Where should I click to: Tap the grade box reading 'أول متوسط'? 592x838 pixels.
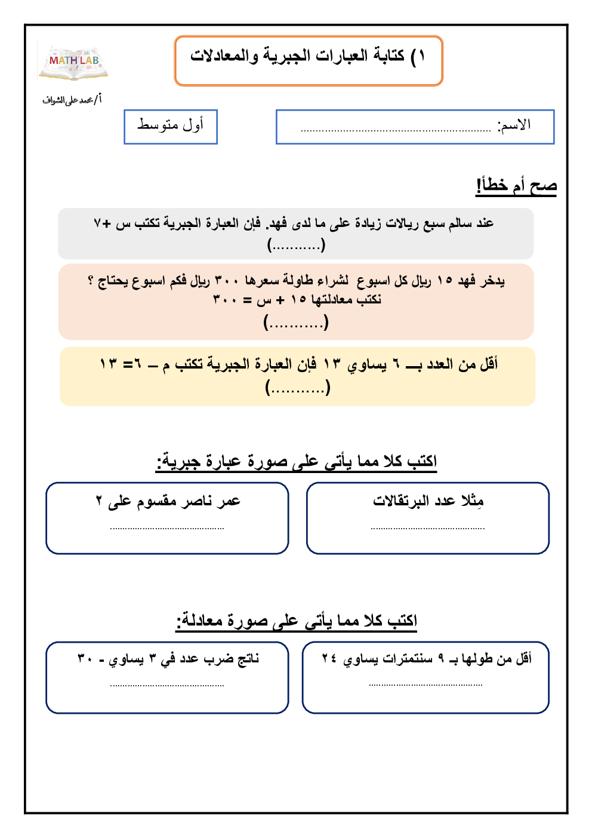tap(171, 125)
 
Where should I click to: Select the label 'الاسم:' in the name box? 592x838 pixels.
tap(514, 125)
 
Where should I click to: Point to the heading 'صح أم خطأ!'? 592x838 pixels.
tap(516, 186)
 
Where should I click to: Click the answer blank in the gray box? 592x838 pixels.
tap(296, 244)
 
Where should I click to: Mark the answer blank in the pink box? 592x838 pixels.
tap(296, 323)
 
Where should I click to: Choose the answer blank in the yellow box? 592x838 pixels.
tap(298, 388)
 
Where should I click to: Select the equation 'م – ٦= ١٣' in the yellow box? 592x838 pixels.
tap(134, 364)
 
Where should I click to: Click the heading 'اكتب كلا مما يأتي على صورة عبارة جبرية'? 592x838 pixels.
tap(297, 462)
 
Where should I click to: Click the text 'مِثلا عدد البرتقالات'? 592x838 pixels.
tap(428, 501)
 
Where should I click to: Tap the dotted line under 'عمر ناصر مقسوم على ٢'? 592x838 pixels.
tap(167, 528)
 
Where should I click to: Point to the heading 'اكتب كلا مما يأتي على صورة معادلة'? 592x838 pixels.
tap(297, 621)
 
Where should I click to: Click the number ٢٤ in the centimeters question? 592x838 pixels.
tap(329, 658)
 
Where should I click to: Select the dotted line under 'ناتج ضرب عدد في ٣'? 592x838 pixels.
tap(167, 686)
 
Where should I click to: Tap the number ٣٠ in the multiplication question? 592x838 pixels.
tap(85, 659)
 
